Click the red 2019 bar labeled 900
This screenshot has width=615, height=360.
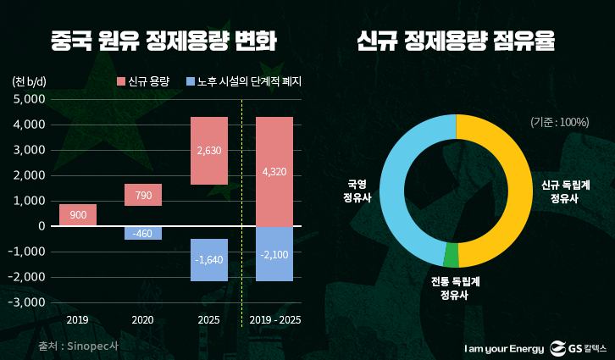[78, 215]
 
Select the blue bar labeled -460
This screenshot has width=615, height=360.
[142, 233]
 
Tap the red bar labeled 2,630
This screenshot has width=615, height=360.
[208, 151]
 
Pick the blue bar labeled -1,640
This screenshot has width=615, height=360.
[208, 259]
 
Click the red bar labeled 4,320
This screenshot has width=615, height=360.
[274, 172]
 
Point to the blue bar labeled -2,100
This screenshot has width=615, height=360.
[274, 253]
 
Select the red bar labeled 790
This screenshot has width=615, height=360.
[142, 196]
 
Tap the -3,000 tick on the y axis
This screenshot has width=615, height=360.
[26, 302]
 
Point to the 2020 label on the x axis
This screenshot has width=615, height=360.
[142, 321]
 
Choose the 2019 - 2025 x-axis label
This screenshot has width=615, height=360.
[274, 321]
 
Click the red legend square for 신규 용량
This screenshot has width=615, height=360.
[120, 82]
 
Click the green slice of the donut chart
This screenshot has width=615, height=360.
[452, 255]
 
